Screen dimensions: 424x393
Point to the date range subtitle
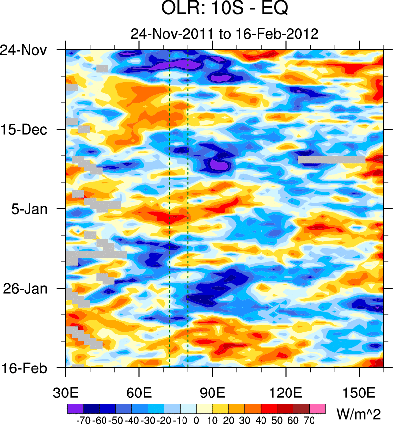pos(225,34)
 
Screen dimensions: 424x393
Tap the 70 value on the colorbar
pos(310,420)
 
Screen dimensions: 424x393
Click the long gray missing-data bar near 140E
pos(331,159)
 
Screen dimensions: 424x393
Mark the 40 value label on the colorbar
pos(261,420)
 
